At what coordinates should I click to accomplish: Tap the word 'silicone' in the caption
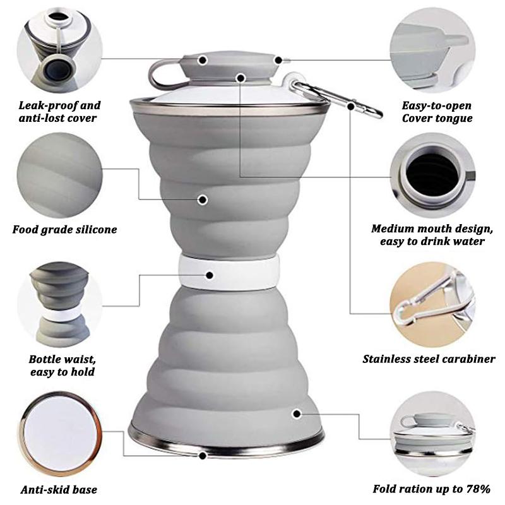point(97,230)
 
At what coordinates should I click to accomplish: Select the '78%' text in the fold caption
point(478,489)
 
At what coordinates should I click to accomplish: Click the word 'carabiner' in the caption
point(469,359)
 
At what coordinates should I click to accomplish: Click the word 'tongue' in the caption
point(454,118)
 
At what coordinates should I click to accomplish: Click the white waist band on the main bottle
point(229,271)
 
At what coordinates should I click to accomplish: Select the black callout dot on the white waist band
point(210,275)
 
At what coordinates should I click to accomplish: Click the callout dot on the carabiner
point(351,105)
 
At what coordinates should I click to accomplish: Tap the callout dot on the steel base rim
point(203,456)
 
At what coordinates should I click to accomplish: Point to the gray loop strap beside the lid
point(164,76)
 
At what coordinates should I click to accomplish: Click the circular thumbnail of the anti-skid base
point(60,434)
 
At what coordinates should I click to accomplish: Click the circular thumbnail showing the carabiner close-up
point(432,305)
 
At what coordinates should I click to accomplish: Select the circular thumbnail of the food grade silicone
point(60,175)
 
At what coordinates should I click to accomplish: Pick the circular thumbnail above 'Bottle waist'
point(60,305)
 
